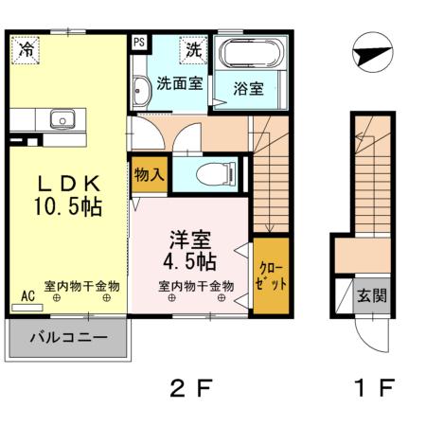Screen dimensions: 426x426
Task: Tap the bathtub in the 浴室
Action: tap(251, 53)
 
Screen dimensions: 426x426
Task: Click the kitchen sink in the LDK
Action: tap(62, 120)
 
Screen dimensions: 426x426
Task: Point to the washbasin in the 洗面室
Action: tap(139, 91)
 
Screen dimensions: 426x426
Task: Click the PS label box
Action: tap(139, 43)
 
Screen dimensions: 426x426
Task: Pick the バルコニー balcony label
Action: tap(66, 336)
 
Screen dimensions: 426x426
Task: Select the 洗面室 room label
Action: tap(179, 83)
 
